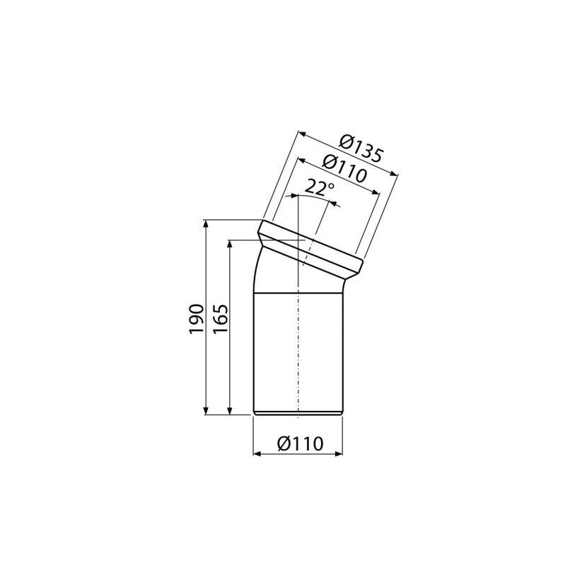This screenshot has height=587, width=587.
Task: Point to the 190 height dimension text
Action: [196, 318]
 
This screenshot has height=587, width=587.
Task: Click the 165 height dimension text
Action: [221, 318]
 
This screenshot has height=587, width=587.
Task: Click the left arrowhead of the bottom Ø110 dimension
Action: [257, 454]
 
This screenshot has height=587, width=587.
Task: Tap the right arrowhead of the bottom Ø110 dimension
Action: [339, 454]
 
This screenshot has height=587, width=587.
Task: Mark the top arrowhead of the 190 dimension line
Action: [205, 224]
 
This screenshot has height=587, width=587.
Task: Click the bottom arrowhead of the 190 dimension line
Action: [205, 411]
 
